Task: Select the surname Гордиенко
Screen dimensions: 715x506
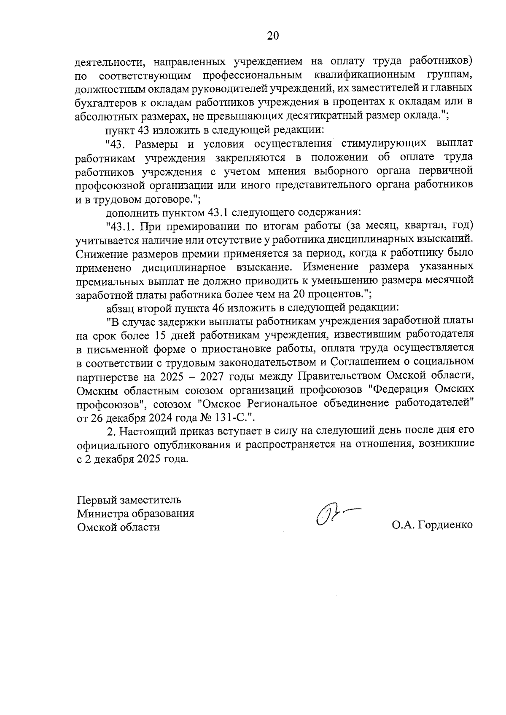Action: (445, 525)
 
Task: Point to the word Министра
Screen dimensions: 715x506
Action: (102, 514)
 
